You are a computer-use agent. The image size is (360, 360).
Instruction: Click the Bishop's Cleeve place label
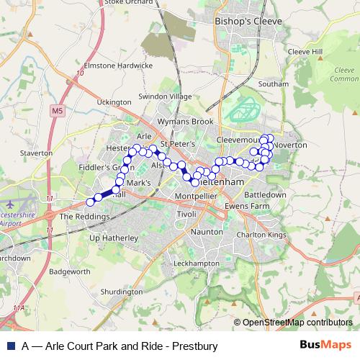click(x=248, y=22)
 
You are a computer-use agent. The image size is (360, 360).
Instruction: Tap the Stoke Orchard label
click(x=130, y=3)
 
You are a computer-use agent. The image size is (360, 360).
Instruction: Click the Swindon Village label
click(x=166, y=96)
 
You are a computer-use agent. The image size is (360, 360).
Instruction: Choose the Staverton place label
click(x=37, y=153)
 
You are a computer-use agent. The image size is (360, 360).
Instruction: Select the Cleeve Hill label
click(x=305, y=52)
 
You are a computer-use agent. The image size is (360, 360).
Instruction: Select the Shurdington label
click(x=122, y=292)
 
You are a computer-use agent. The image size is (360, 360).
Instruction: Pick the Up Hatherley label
click(x=112, y=238)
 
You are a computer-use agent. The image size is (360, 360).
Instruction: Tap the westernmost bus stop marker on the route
click(x=90, y=202)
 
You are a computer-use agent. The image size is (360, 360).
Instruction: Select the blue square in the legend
click(x=11, y=346)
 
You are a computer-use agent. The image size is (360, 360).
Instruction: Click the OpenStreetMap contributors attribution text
click(x=297, y=323)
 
